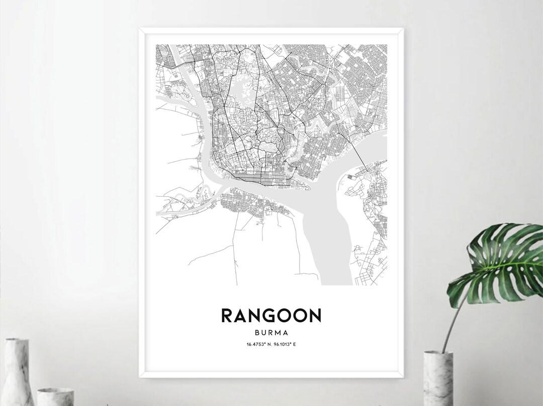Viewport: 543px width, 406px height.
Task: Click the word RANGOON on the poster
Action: [x=271, y=315]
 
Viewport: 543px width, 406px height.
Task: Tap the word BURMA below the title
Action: [x=271, y=332]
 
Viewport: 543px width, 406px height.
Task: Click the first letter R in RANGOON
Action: [x=227, y=315]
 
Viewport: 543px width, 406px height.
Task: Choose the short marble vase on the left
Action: [x=55, y=396]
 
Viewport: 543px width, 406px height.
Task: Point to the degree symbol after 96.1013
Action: [x=294, y=343]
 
